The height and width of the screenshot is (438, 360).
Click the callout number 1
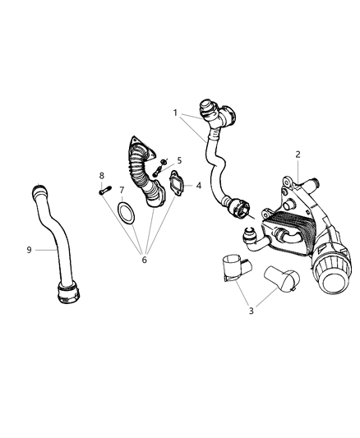(175, 112)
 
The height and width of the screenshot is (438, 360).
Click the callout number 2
(298, 154)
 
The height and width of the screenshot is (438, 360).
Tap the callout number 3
(252, 311)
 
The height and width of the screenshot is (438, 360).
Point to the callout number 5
(179, 160)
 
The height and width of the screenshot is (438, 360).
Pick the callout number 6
(144, 260)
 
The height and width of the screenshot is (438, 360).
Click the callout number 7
(122, 190)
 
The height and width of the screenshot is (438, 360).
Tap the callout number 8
(102, 175)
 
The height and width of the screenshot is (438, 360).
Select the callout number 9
(30, 249)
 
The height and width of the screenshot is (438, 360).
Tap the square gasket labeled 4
(178, 187)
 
